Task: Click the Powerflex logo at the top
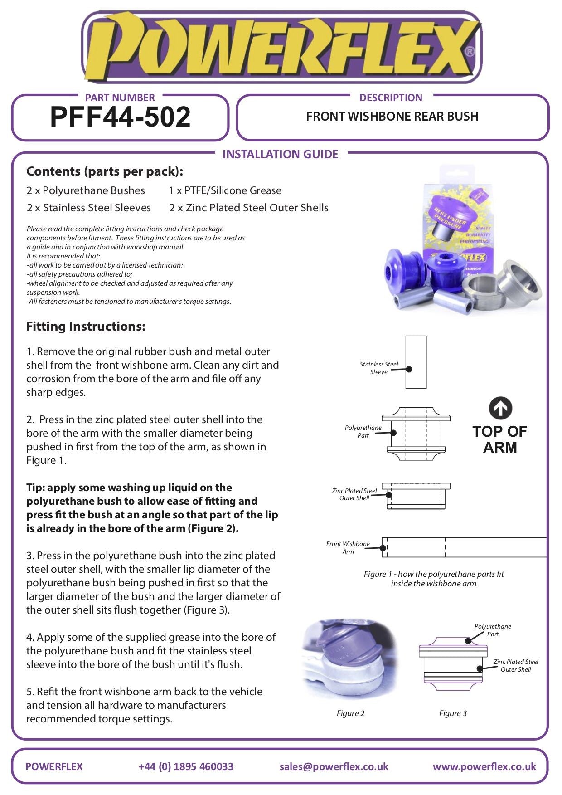pyautogui.click(x=281, y=48)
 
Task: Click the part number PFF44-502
pyautogui.click(x=120, y=117)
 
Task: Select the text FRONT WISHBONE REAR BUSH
pyautogui.click(x=392, y=117)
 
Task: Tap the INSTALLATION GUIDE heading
pyautogui.click(x=280, y=154)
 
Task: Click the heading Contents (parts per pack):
pyautogui.click(x=105, y=171)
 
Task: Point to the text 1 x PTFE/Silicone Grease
pyautogui.click(x=225, y=190)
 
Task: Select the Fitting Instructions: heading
pyautogui.click(x=86, y=327)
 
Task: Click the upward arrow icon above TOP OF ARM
pyautogui.click(x=500, y=408)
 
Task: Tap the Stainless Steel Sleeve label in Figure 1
pyautogui.click(x=378, y=368)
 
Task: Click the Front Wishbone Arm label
pyautogui.click(x=348, y=547)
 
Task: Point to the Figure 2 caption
pyautogui.click(x=350, y=713)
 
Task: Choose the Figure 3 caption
pyautogui.click(x=453, y=713)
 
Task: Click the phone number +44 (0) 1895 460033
pyautogui.click(x=186, y=766)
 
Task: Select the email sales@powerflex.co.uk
pyautogui.click(x=334, y=766)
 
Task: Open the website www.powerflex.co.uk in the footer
pyautogui.click(x=484, y=766)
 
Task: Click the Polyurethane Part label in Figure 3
pyautogui.click(x=492, y=630)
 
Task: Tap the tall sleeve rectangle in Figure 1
pyautogui.click(x=416, y=362)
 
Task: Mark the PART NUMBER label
pyautogui.click(x=120, y=98)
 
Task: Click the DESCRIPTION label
pyautogui.click(x=390, y=98)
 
